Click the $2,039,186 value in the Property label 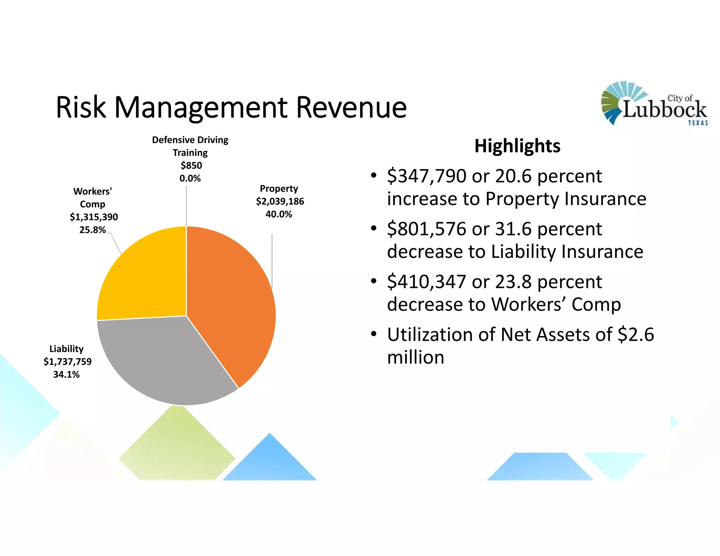point(280,201)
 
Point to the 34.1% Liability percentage point(66,374)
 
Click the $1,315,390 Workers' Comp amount point(94,217)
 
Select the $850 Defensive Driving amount point(191,165)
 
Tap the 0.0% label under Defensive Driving point(190,178)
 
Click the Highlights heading point(517,146)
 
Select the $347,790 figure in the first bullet point(426,176)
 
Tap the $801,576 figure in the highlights point(426,229)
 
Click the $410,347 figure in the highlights point(426,282)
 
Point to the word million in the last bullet point(416,357)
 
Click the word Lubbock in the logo point(664,109)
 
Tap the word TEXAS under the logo point(698,123)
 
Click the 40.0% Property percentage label point(279,214)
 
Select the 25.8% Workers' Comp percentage point(92,230)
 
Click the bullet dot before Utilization point(374,334)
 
